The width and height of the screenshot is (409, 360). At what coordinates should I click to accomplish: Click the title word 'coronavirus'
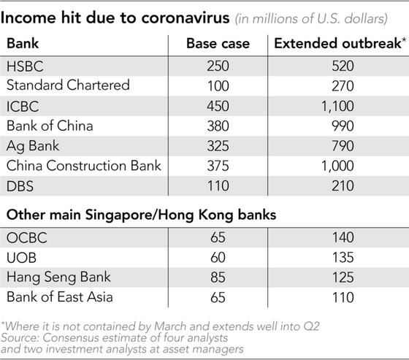point(186,18)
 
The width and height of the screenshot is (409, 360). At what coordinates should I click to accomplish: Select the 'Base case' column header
point(218,43)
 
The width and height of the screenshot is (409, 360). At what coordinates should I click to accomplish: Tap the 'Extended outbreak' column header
point(340,43)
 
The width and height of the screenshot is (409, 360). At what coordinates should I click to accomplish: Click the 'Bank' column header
point(23,43)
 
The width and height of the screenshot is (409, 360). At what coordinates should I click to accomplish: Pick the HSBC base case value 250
point(218,66)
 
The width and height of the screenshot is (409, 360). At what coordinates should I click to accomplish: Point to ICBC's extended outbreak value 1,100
point(337,106)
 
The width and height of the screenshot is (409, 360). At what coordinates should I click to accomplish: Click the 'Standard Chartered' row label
point(68,85)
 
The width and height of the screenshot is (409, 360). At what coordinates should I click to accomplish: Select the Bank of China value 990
point(343,126)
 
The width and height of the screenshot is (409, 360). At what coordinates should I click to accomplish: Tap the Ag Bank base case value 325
point(218,146)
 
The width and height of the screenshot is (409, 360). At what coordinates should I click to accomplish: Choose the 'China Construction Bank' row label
point(84,166)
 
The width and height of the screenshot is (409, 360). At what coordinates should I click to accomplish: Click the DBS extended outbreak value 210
point(343,185)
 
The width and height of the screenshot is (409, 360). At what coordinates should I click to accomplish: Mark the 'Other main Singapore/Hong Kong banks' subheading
point(142,215)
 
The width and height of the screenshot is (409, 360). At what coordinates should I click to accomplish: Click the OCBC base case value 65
point(218,237)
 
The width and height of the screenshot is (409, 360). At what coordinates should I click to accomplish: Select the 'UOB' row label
point(22,258)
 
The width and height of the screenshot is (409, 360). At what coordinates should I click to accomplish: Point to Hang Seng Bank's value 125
point(343,277)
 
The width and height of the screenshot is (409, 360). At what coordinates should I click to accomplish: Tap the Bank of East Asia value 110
point(343,297)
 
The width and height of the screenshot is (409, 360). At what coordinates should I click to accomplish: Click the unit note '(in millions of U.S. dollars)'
point(311,19)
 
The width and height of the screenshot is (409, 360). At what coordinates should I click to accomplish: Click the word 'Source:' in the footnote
point(20,338)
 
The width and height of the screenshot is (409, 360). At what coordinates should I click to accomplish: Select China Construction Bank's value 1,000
point(337,166)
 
